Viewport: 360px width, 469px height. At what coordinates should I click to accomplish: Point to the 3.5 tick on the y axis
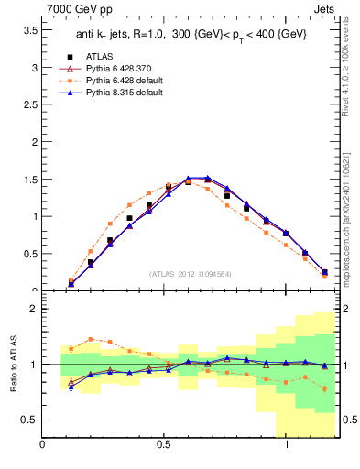click(x=30, y=30)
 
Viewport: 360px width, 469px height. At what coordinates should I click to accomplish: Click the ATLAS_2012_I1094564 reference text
click(x=191, y=273)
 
